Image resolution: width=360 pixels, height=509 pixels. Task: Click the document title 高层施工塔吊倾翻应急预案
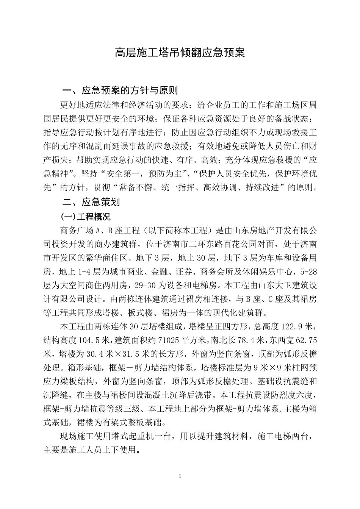[180, 53]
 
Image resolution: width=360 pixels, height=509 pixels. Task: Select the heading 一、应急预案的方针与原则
[120, 91]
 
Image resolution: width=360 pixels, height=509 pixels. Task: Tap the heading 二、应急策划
[91, 202]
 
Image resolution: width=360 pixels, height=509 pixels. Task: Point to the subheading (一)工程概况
[86, 217]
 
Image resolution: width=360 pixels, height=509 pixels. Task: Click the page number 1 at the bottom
[180, 476]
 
